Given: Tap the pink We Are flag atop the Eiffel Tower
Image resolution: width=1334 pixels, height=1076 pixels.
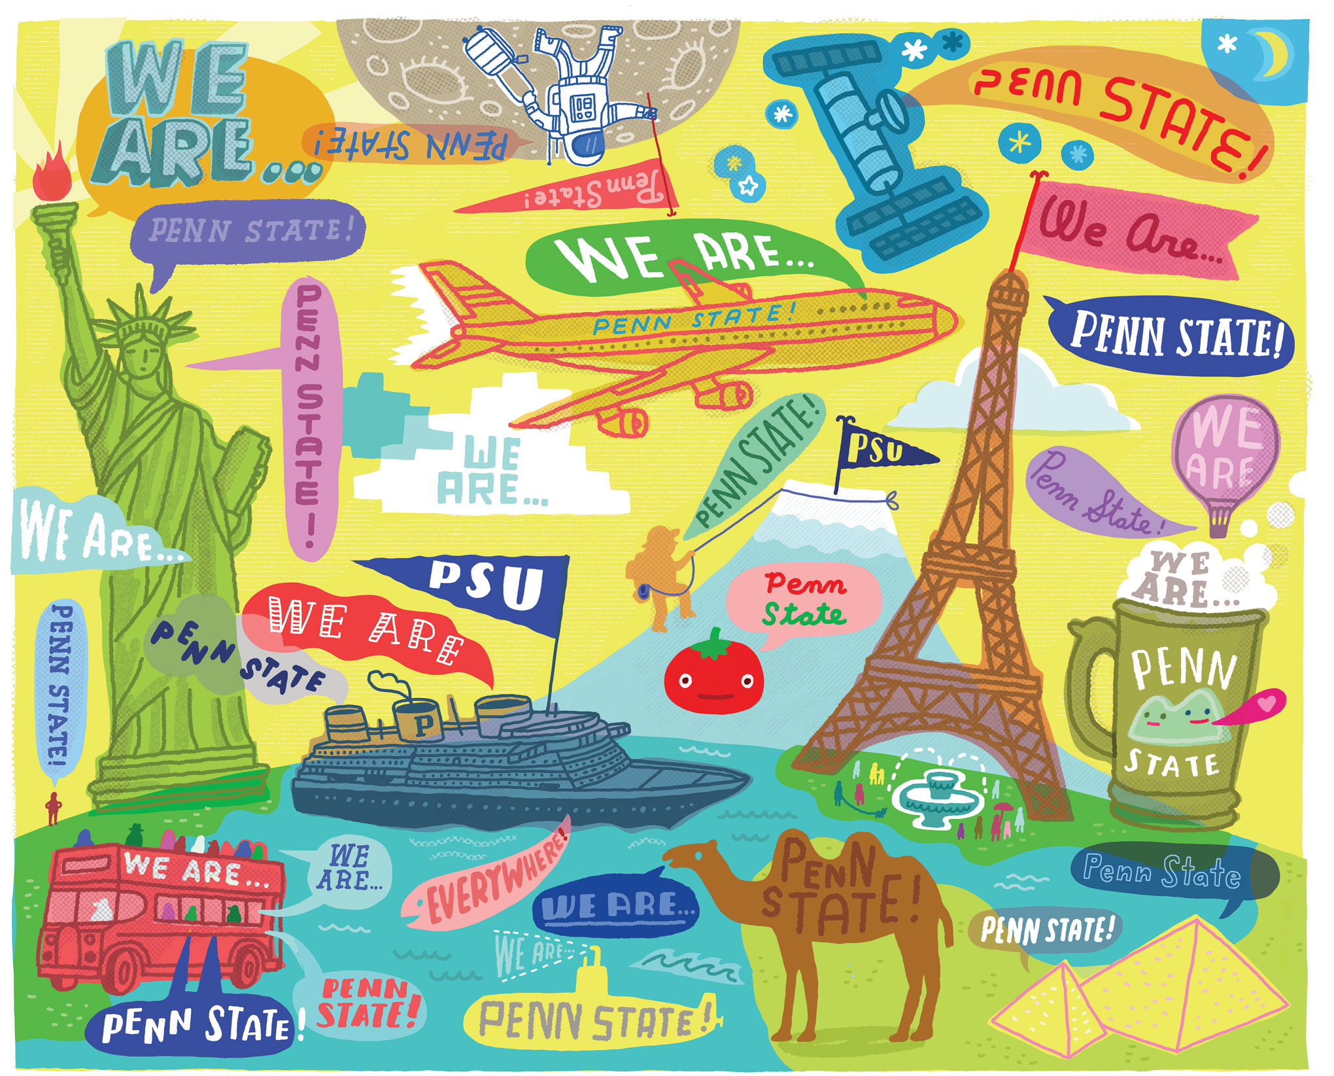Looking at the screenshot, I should (1138, 229).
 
